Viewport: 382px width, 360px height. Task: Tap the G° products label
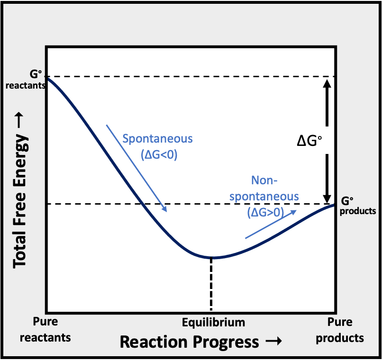[x=358, y=206]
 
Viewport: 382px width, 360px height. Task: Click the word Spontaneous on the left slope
[x=157, y=139]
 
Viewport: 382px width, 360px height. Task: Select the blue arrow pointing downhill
[x=136, y=168]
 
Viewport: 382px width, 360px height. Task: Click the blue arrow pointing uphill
[x=271, y=224]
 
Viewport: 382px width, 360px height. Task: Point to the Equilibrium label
[x=214, y=323]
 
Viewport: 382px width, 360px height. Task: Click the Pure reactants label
[x=52, y=330]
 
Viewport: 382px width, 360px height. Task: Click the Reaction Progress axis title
[x=189, y=342]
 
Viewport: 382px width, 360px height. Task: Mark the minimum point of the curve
[x=211, y=258]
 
